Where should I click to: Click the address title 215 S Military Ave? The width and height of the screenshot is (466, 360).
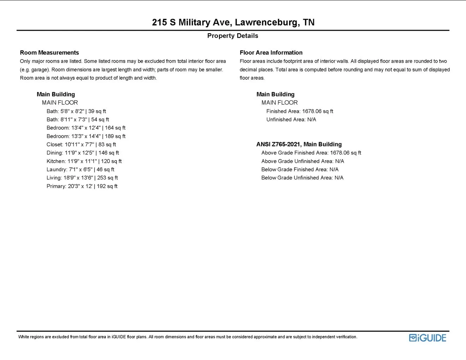233,22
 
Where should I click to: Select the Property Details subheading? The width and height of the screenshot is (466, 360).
233,36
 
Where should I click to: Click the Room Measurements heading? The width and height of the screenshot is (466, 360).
49,53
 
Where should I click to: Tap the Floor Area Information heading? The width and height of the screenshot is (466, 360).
271,53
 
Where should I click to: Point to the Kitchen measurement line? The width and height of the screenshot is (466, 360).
84,161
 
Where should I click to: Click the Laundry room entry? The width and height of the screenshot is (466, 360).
80,169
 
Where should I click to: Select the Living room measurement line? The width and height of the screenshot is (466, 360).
82,178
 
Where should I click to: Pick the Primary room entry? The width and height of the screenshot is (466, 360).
82,186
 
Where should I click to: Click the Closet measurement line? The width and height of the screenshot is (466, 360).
81,144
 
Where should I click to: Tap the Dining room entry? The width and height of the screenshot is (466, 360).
83,153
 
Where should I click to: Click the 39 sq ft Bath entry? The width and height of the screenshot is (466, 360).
76,111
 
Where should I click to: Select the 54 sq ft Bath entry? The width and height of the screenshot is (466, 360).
78,120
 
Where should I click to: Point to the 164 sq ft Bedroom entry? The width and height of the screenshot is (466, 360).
86,128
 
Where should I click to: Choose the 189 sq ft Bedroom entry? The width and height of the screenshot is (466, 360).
86,136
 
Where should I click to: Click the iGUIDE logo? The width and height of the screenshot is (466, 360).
428,338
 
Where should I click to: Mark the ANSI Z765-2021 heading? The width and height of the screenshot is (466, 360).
299,144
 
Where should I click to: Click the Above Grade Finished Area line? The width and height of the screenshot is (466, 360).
311,153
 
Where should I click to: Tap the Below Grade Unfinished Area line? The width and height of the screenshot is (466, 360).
302,178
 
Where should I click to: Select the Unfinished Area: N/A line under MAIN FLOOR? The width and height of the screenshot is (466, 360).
291,120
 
